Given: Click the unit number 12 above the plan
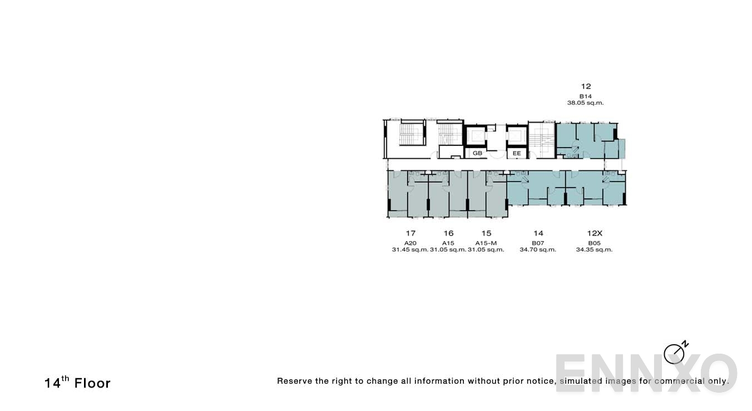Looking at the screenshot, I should (586, 86).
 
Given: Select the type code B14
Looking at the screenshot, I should (586, 96).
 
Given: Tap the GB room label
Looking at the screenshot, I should (477, 153).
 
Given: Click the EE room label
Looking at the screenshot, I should (517, 153).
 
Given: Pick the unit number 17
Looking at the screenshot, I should (410, 233).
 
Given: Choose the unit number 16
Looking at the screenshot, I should (448, 233).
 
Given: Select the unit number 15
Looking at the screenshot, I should (486, 233).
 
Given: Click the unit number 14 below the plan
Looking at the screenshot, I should (538, 233).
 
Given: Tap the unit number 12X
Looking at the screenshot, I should (594, 233).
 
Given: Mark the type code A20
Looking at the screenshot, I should (410, 243).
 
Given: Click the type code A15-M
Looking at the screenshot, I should (486, 243).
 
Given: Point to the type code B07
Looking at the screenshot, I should (538, 243).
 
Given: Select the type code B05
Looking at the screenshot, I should (594, 243).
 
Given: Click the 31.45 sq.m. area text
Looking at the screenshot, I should (410, 250).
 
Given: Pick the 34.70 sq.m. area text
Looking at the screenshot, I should (538, 250).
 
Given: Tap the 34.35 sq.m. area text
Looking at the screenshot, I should (594, 250).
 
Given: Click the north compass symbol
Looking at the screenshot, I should (675, 353).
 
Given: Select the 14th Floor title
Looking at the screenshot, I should (77, 383).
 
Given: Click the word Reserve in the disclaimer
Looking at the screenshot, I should (294, 381).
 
